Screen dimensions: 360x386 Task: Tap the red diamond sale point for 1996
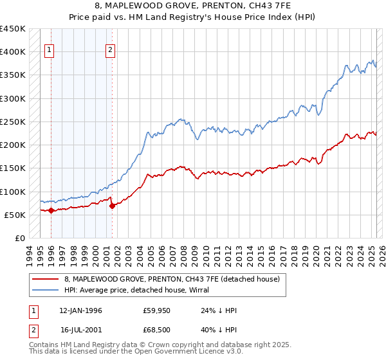point(51,210)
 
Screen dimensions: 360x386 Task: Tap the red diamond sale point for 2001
point(112,206)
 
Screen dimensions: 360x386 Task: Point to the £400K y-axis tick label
point(13,52)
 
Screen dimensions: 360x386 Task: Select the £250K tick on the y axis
point(13,122)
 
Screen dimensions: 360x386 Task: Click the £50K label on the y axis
point(15,215)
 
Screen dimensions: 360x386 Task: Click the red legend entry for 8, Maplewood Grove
point(172,279)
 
